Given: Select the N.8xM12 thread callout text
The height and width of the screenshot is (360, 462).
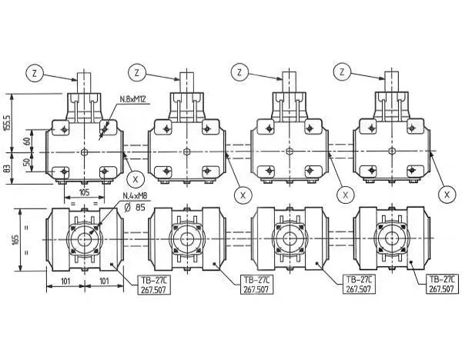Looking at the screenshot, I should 134,99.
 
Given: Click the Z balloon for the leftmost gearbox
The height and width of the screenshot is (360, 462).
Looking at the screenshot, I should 35,73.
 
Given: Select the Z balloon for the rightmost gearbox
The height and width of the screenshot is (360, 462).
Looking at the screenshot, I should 341,72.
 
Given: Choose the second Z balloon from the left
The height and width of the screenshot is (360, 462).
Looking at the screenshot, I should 137,73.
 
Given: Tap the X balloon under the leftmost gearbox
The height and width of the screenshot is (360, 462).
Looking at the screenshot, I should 136,178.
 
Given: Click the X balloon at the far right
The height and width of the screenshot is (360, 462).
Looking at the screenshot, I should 446,195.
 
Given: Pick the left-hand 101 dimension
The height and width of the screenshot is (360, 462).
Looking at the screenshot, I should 65,282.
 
